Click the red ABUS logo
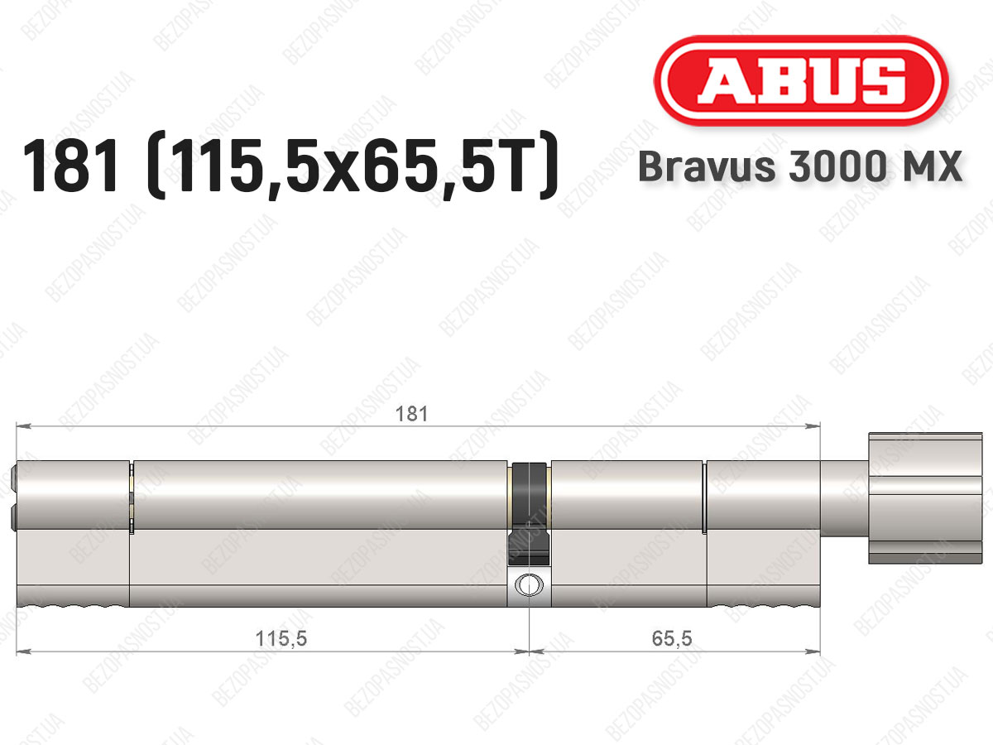point(801,80)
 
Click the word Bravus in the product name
point(708,166)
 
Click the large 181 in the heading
point(71,166)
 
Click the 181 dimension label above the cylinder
point(411,414)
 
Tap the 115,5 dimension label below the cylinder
point(281,639)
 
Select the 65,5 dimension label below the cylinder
point(672,638)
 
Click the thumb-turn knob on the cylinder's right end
point(925,498)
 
